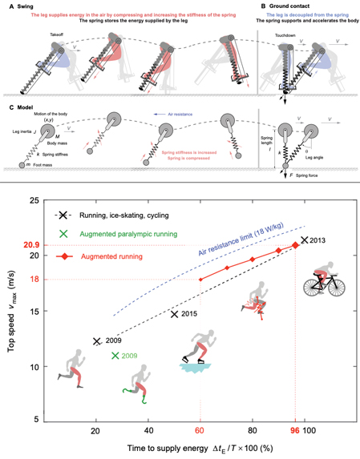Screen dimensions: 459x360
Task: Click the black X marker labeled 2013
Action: pyautogui.click(x=304, y=240)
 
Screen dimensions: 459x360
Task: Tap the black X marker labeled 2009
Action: pyautogui.click(x=98, y=340)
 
